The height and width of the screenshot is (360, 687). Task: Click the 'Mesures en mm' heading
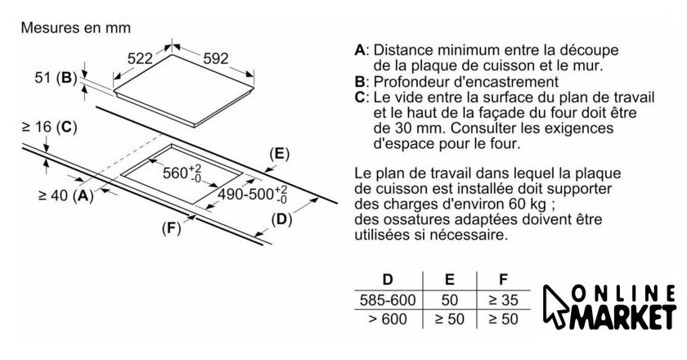click(75, 27)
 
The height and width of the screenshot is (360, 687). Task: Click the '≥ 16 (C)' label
click(50, 127)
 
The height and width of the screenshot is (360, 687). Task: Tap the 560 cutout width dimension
click(182, 173)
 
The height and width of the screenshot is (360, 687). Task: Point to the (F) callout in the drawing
click(171, 227)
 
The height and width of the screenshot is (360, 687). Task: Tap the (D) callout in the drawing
click(281, 218)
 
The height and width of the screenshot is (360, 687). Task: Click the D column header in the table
click(387, 280)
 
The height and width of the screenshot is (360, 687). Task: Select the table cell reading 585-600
click(387, 300)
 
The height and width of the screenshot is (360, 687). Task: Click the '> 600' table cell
click(387, 319)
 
